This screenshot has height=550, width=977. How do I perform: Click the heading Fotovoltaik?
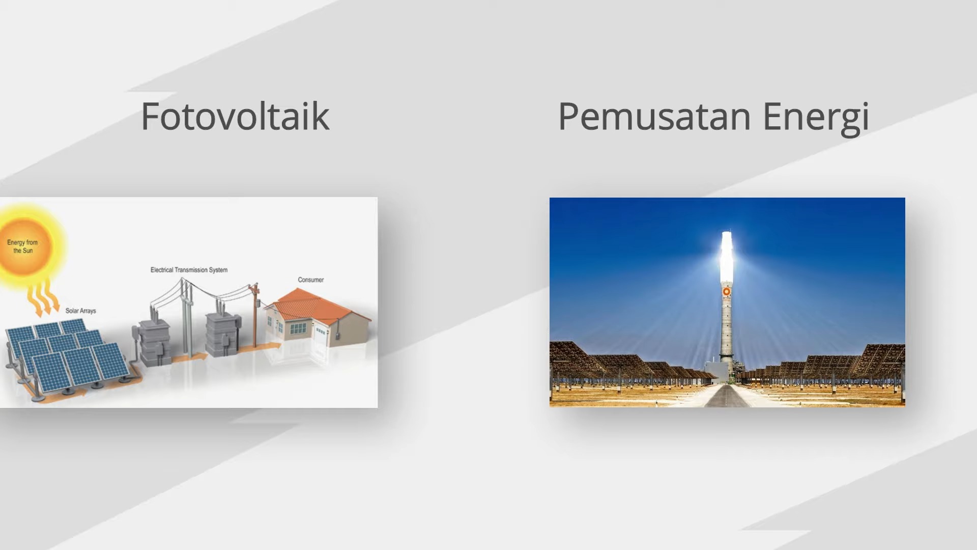pyautogui.click(x=235, y=117)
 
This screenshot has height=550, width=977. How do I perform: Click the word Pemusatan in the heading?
pyautogui.click(x=654, y=117)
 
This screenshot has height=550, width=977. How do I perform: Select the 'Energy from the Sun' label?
pyautogui.click(x=22, y=246)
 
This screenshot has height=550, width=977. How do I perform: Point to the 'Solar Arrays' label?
pyautogui.click(x=80, y=311)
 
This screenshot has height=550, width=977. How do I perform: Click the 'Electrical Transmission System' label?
pyautogui.click(x=189, y=270)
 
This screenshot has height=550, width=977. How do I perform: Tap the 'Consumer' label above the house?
pyautogui.click(x=310, y=280)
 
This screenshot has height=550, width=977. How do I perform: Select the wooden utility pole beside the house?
pyautogui.click(x=255, y=316)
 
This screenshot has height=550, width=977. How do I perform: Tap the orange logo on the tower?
pyautogui.click(x=727, y=292)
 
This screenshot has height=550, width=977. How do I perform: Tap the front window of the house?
pyautogui.click(x=298, y=329)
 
